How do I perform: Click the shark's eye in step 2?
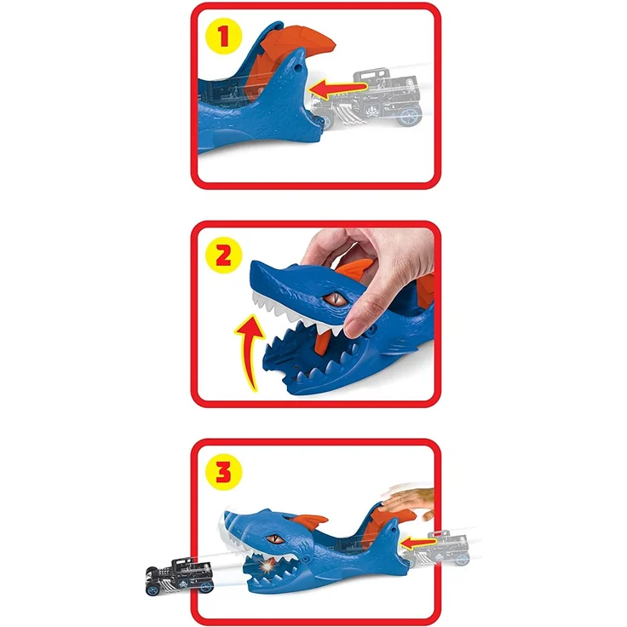point(333,299)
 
